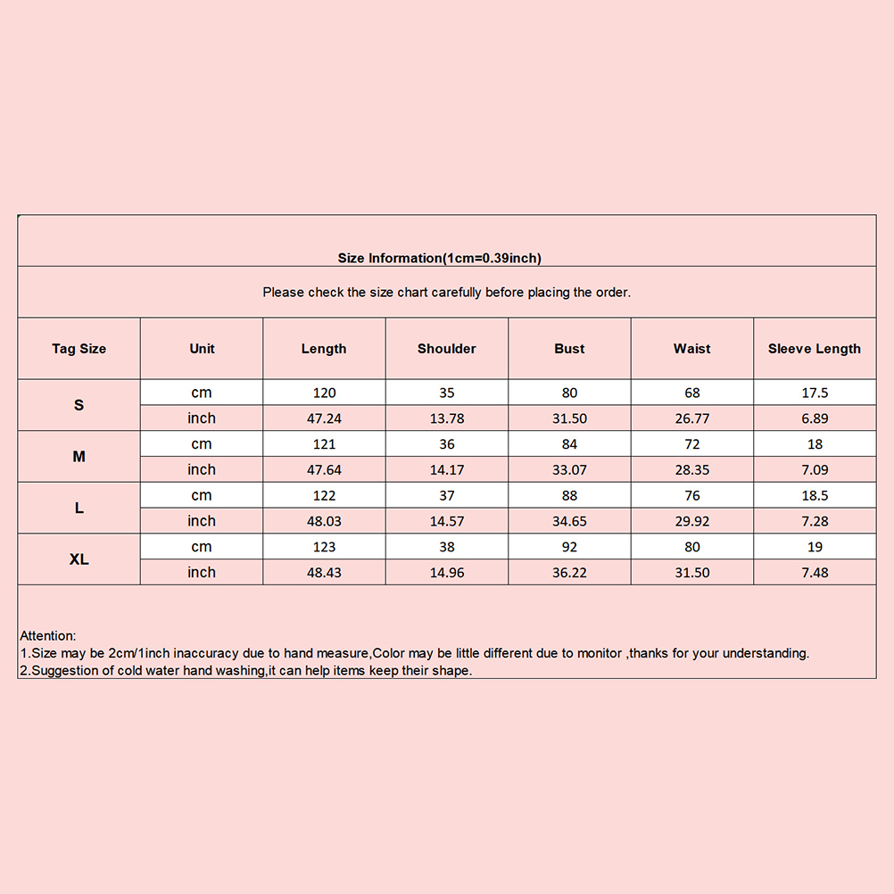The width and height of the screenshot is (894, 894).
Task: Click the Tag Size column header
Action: tap(79, 349)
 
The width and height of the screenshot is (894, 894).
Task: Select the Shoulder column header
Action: tap(446, 349)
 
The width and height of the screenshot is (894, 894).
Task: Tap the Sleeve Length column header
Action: tap(814, 349)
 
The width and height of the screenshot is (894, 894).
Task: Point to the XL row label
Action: tap(79, 559)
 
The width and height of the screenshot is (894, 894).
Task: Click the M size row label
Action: tap(79, 457)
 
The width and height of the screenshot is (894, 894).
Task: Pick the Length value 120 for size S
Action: tap(324, 393)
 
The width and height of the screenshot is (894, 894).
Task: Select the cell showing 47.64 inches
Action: tap(324, 469)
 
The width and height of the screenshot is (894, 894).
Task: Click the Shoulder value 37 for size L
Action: tap(446, 495)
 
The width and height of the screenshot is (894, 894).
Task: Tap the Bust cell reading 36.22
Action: tap(569, 573)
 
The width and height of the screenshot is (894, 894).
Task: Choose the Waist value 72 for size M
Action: tap(691, 444)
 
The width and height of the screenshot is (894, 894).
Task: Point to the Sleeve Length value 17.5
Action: tap(814, 393)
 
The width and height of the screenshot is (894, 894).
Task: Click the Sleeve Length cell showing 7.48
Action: tap(814, 573)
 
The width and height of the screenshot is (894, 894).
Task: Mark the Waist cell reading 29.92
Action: tap(691, 521)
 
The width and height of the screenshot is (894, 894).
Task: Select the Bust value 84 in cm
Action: tap(569, 444)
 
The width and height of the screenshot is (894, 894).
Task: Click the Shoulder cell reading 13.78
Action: tap(446, 418)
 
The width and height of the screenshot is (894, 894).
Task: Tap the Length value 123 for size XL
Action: tap(324, 547)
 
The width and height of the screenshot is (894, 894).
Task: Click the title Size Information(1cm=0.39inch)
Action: tap(439, 259)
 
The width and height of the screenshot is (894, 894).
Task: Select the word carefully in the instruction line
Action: tap(456, 293)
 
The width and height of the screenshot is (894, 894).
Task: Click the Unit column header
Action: tap(202, 349)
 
